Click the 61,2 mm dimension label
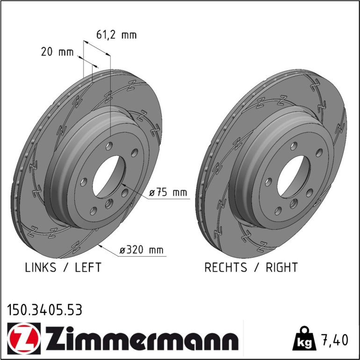116,35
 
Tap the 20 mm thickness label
58,52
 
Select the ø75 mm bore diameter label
168,192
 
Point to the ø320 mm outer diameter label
141,250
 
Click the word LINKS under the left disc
40,267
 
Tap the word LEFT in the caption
88,267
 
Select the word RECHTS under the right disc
226,267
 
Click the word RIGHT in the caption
282,267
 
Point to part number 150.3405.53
44,310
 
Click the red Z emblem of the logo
24,338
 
